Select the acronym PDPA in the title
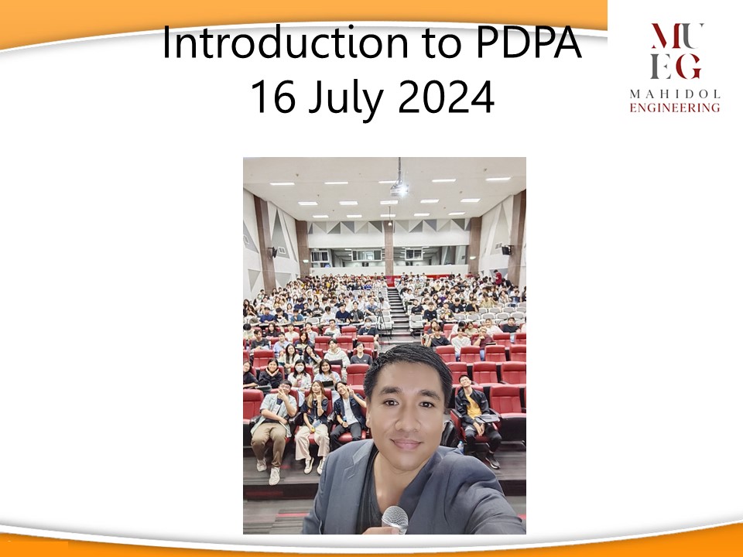point(529,43)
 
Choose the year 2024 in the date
point(446,97)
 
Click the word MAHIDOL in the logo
point(675,94)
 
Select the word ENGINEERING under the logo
point(675,108)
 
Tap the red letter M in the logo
point(666,36)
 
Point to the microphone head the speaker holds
point(395,518)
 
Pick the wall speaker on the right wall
point(506,250)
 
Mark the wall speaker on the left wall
point(274,252)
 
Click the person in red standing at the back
point(497,277)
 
